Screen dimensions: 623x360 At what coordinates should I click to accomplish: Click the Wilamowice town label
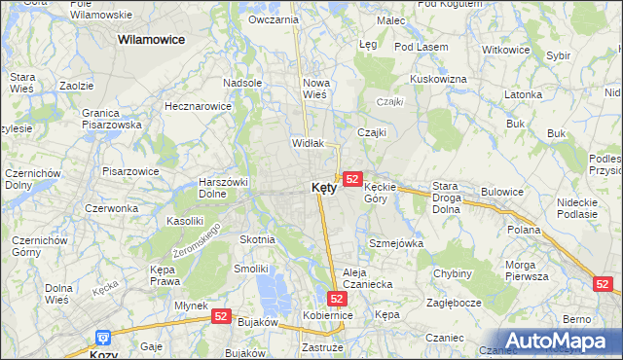tap(152, 40)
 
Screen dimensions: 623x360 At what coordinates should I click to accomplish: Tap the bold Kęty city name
tap(324, 188)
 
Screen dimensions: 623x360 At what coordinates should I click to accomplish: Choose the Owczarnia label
tap(273, 19)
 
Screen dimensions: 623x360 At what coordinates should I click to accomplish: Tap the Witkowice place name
tap(505, 50)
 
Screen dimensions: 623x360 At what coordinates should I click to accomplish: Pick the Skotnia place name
tap(257, 239)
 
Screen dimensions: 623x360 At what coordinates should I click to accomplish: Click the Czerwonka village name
tap(112, 208)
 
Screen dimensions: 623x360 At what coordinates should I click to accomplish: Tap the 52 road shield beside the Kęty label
tap(353, 179)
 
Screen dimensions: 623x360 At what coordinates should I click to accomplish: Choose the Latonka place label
tap(523, 94)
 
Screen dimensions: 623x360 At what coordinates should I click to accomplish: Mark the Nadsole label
tap(242, 83)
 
